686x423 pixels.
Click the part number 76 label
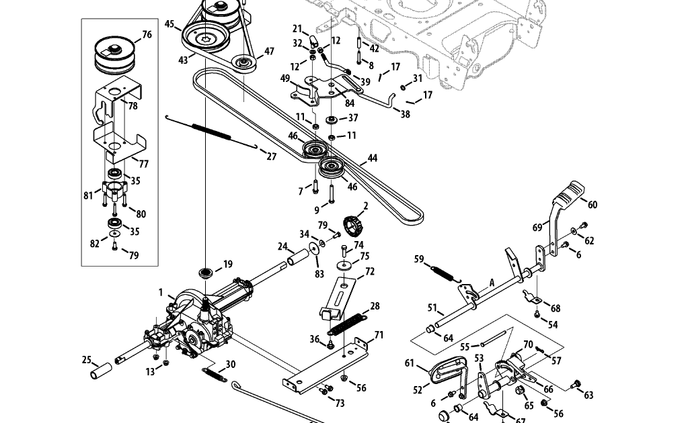click(147, 34)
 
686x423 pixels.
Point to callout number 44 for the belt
click(373, 158)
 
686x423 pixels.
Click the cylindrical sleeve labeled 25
click(101, 371)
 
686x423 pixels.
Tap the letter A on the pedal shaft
click(492, 283)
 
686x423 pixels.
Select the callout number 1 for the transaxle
click(161, 292)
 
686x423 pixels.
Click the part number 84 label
click(350, 103)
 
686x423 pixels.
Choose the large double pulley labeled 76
click(115, 54)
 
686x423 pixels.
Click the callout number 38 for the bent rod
click(405, 115)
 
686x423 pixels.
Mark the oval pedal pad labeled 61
click(447, 371)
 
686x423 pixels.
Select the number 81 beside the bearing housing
click(88, 195)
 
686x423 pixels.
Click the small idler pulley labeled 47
click(244, 64)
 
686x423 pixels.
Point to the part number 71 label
click(379, 335)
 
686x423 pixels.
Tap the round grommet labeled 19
click(206, 273)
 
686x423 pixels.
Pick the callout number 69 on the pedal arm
click(537, 228)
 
